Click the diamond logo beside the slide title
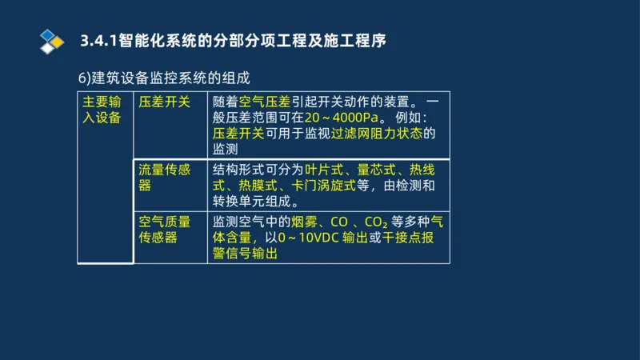pyautogui.click(x=51, y=39)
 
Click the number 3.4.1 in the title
pyautogui.click(x=99, y=40)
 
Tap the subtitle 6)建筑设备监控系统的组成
pyautogui.click(x=164, y=78)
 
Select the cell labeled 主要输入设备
pyautogui.click(x=105, y=110)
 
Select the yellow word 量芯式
pyautogui.click(x=376, y=170)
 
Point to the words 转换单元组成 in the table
pyautogui.click(x=256, y=202)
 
